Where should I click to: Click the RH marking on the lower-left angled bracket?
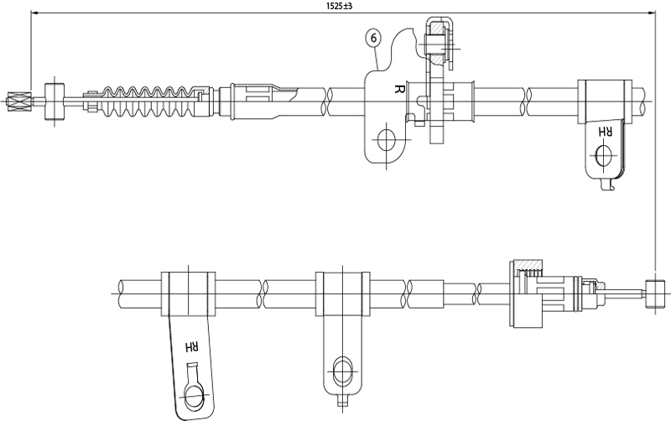(x=191, y=346)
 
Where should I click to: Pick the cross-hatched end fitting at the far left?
(x=17, y=101)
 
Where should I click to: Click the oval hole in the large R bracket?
(x=387, y=140)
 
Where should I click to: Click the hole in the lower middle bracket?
(x=342, y=370)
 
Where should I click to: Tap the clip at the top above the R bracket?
(x=440, y=37)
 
